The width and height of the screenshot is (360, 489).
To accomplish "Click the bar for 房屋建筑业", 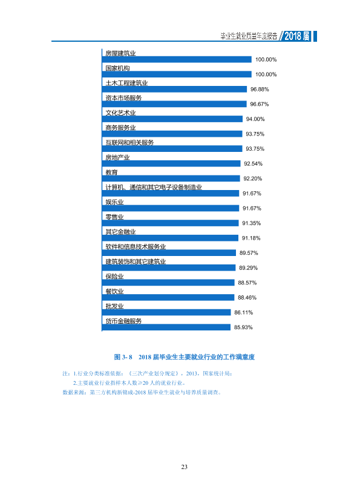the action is pyautogui.click(x=177, y=59).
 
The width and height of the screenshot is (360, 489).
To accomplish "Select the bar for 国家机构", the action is pyautogui.click(x=177, y=74).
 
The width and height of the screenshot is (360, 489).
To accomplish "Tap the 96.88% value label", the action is pyautogui.click(x=260, y=89).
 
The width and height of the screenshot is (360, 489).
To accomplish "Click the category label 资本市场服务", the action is pyautogui.click(x=123, y=97).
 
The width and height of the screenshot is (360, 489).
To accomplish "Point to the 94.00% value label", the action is pyautogui.click(x=255, y=119).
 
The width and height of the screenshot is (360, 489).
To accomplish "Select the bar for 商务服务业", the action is pyautogui.click(x=172, y=134).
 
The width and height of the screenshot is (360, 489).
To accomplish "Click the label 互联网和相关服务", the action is pyautogui.click(x=129, y=142).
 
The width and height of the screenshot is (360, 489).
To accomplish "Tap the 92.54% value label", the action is pyautogui.click(x=253, y=164).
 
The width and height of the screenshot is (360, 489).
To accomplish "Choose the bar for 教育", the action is pyautogui.click(x=171, y=179).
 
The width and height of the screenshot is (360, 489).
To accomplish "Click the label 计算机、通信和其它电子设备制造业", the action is pyautogui.click(x=154, y=187).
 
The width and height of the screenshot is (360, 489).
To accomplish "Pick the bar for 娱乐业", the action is pyautogui.click(x=171, y=208).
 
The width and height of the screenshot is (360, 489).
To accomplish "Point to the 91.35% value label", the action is pyautogui.click(x=252, y=223).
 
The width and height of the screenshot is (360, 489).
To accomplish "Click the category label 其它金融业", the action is pyautogui.click(x=120, y=231).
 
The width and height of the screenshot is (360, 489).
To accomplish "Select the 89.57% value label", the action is pyautogui.click(x=249, y=253).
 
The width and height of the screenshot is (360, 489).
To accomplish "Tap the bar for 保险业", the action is pyautogui.click(x=168, y=283).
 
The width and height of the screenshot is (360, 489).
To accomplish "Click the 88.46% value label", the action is pyautogui.click(x=247, y=298).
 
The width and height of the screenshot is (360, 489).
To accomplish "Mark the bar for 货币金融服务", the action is pyautogui.click(x=166, y=327).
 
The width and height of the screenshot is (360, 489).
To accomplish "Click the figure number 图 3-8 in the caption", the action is pyautogui.click(x=123, y=357).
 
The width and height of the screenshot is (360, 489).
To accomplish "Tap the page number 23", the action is pyautogui.click(x=184, y=467).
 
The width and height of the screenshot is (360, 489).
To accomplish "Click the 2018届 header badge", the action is pyautogui.click(x=297, y=36).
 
